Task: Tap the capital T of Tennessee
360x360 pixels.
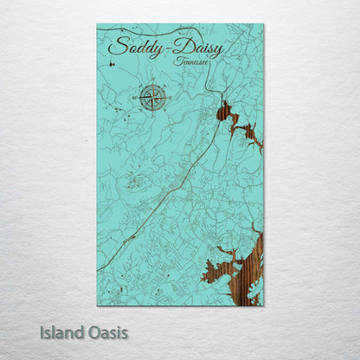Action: (177, 61)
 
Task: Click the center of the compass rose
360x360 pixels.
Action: (151, 98)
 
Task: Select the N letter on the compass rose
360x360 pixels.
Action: (151, 82)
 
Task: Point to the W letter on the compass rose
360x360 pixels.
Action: (136, 98)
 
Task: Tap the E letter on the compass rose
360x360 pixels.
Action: (168, 98)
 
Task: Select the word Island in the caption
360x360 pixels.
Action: (61, 331)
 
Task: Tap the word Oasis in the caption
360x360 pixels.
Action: (106, 331)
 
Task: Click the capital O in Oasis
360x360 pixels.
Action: (92, 331)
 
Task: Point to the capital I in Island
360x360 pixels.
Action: (42, 331)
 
